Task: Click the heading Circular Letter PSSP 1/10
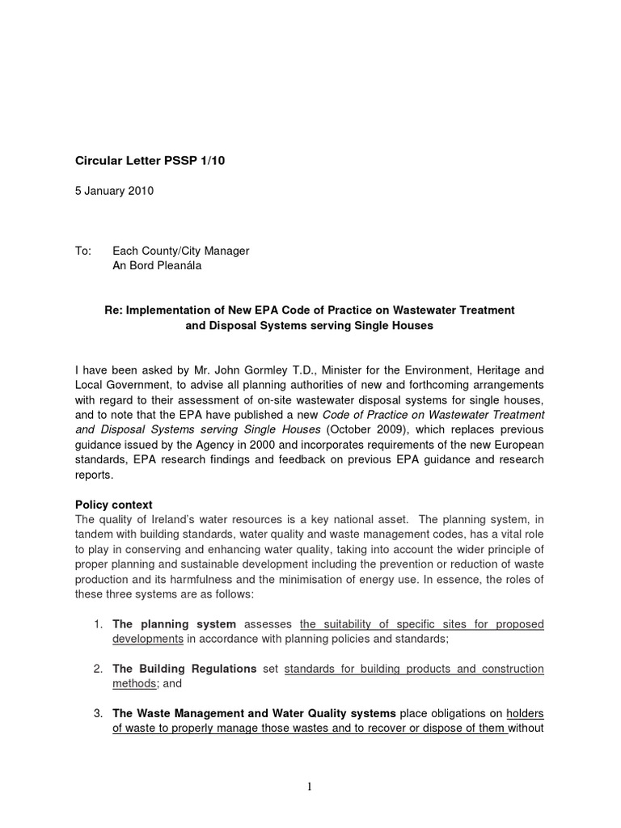150,161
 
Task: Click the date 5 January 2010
114,192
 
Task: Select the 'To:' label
83,251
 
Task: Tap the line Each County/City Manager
180,251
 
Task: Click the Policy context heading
113,505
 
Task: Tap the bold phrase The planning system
174,624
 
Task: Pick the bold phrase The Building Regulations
184,669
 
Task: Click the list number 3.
96,713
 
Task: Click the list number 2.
96,669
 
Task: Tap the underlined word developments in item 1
148,639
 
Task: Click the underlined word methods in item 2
134,683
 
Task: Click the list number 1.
96,624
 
